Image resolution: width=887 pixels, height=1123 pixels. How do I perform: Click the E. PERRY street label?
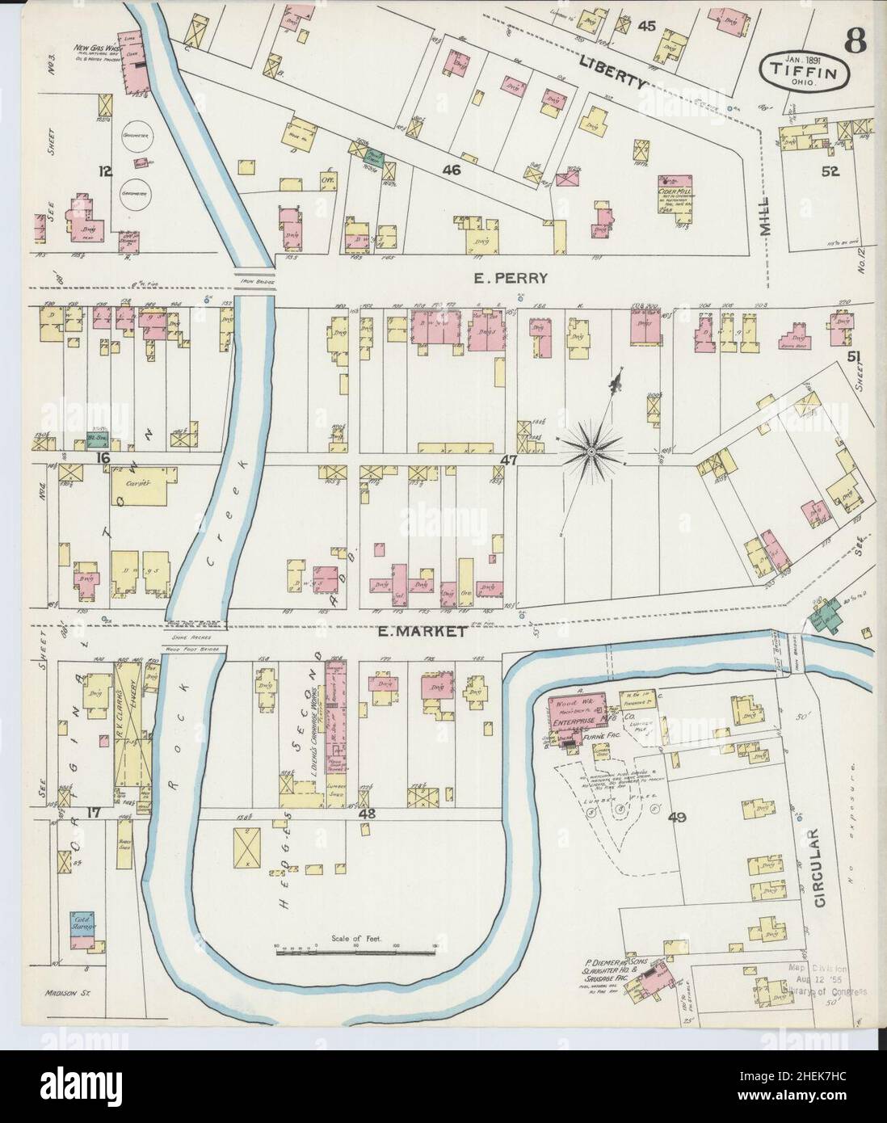[511, 278]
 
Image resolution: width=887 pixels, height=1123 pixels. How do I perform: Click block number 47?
[507, 460]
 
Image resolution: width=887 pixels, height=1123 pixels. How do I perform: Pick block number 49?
[676, 818]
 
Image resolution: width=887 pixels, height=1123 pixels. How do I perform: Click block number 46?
[451, 170]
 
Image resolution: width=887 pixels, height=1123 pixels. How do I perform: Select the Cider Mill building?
[677, 185]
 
